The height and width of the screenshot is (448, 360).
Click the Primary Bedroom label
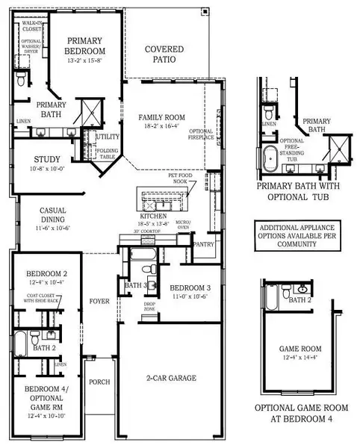(x=85, y=46)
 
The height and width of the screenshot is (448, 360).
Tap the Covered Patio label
(x=164, y=54)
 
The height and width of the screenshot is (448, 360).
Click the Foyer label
(x=99, y=302)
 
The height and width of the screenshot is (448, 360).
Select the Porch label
(x=99, y=382)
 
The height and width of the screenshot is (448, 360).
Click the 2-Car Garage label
(x=170, y=378)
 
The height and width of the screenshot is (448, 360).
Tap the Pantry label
(x=202, y=243)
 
